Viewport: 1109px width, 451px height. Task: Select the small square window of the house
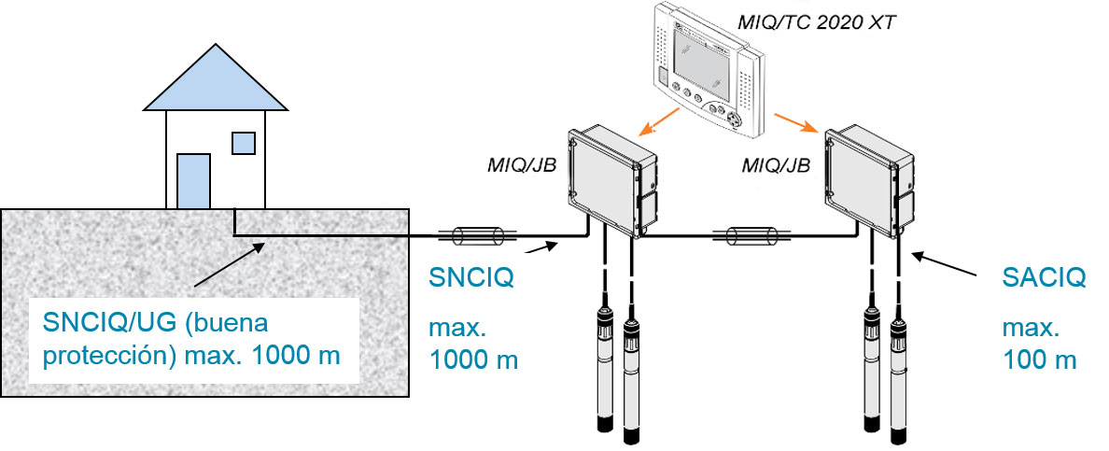(x=244, y=143)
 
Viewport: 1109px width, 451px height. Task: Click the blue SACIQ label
(x=1044, y=278)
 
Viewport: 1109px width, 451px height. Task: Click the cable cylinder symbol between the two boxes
(x=751, y=235)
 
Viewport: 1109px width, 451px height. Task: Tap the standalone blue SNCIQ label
(x=470, y=278)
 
